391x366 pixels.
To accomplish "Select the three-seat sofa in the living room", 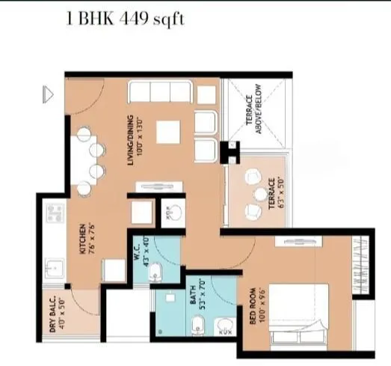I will pos(159,92).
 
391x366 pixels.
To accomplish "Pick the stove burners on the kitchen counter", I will pos(54,216).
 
